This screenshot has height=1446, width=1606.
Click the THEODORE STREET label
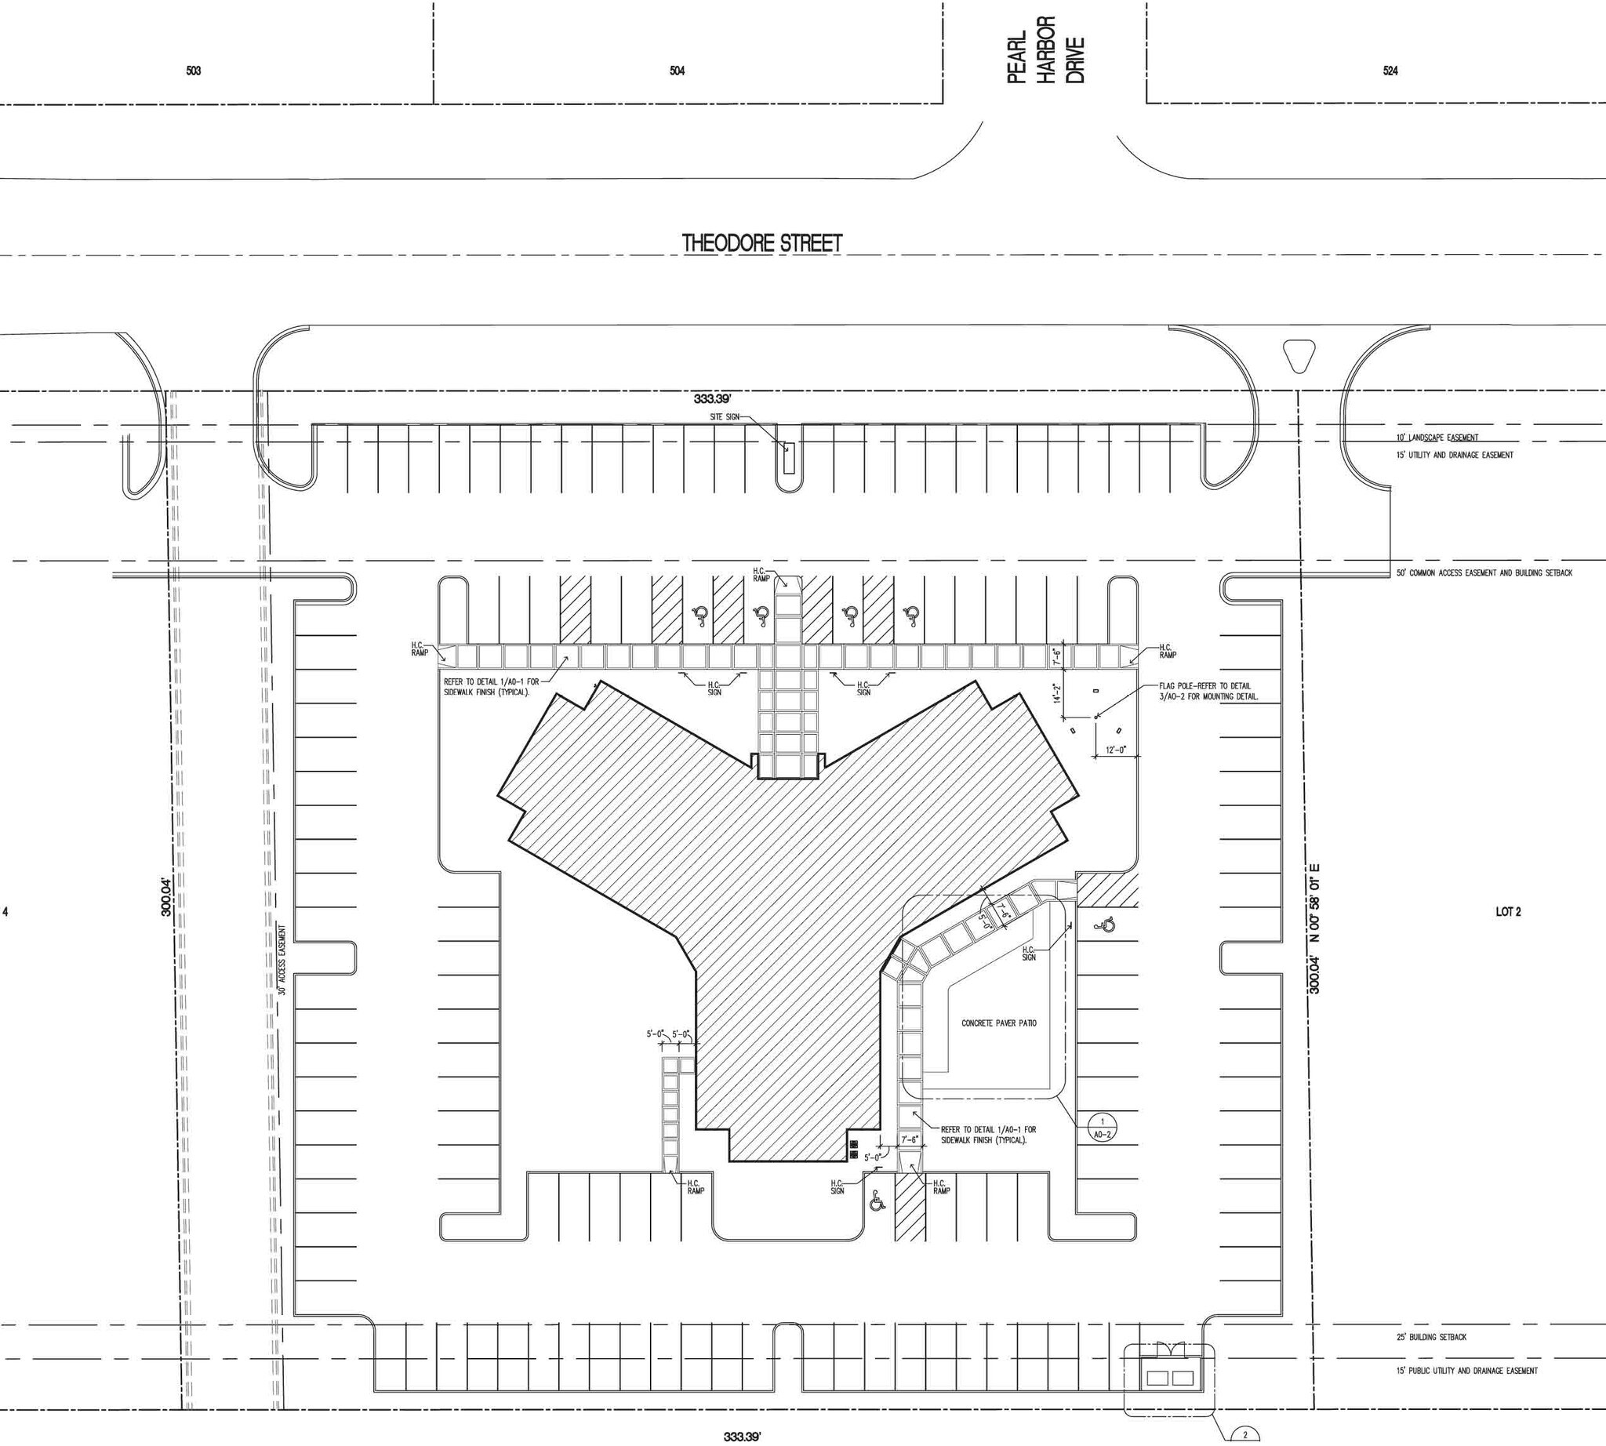point(762,243)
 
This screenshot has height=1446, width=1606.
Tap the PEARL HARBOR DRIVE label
point(1046,49)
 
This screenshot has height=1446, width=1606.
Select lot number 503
point(194,71)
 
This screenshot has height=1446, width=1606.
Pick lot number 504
point(677,71)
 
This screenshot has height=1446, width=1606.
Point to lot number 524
point(1390,71)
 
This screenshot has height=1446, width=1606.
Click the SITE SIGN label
point(725,417)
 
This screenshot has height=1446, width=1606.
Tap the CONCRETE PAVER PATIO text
point(999,1023)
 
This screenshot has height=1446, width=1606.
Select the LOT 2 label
point(1507,912)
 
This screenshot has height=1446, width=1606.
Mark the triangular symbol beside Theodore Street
point(1300,355)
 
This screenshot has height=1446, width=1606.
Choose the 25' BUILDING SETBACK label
point(1431,1337)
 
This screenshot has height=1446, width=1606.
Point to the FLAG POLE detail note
point(1208,691)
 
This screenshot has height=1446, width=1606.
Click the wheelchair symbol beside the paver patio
point(1106,925)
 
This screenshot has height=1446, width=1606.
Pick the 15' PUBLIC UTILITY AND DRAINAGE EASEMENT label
point(1466,1371)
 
